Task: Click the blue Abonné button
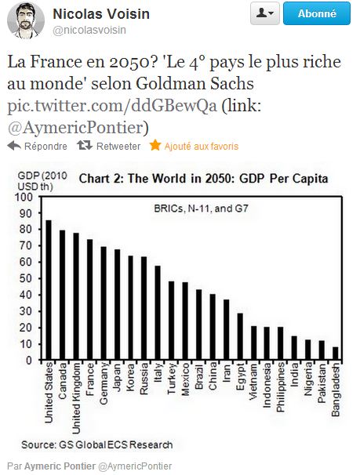coord(317,13)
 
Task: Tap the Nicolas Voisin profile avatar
coord(25,20)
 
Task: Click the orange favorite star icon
coord(155,146)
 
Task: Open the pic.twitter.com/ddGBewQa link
coord(112,106)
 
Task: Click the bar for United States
coord(49,290)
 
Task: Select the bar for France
coord(89,300)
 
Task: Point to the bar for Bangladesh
coord(336,354)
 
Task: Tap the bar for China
coord(213,327)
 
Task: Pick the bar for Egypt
coord(240,337)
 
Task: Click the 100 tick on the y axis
coord(24,198)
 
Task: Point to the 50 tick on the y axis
coord(25,279)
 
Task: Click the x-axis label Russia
coord(144,379)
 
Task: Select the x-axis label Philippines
coord(281,388)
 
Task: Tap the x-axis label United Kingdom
coord(76,398)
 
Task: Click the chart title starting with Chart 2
coord(204,179)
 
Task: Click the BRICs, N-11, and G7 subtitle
coord(202,208)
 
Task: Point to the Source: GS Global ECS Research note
coord(97,444)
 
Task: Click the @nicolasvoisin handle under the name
coord(89,30)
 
